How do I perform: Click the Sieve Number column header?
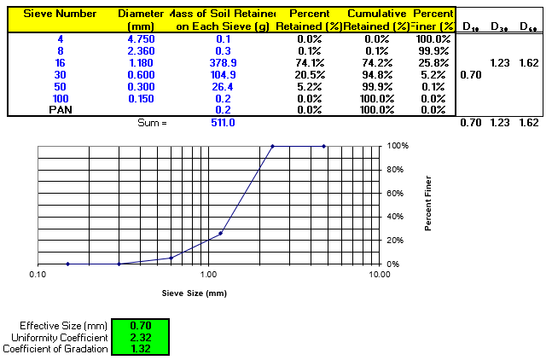tap(58, 15)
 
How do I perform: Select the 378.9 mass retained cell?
tap(223, 63)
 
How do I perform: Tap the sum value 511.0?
tap(223, 123)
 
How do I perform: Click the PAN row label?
tap(59, 110)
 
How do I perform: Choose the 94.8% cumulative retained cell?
tap(371, 75)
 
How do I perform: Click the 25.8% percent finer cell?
tap(435, 63)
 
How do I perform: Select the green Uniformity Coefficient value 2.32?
tap(141, 337)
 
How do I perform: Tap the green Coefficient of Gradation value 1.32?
tap(141, 348)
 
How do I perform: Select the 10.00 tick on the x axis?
tap(379, 276)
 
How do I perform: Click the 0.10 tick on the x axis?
tap(38, 276)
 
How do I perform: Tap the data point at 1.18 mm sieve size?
tap(220, 233)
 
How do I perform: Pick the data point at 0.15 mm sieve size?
tap(67, 264)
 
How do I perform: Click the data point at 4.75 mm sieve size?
tap(324, 146)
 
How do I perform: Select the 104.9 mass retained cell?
tap(223, 75)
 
